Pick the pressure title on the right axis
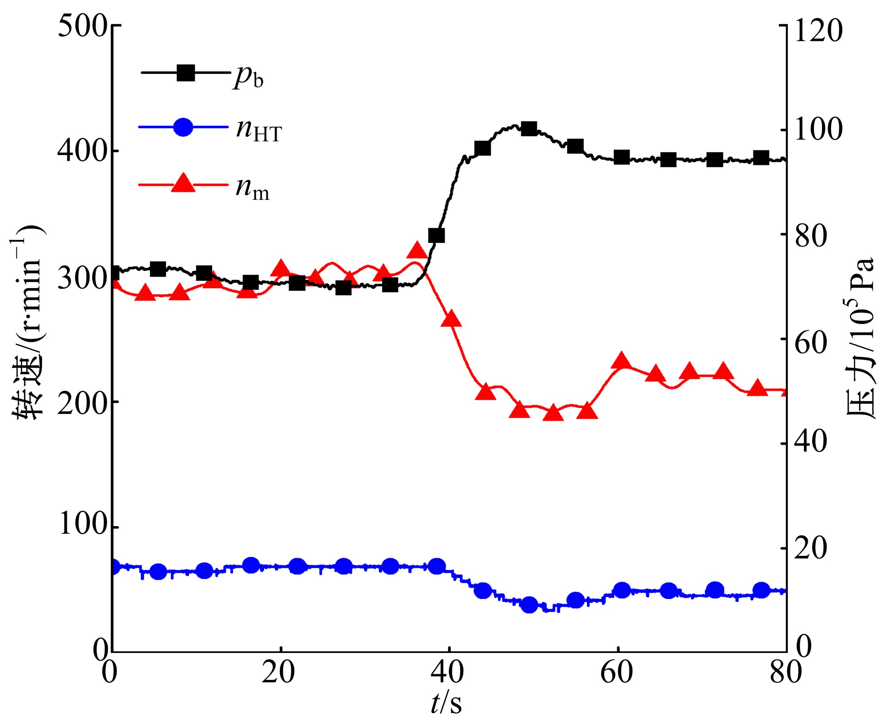point(860,337)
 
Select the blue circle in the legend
point(183,127)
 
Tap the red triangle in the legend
point(183,183)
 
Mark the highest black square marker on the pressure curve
point(529,129)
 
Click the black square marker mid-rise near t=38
point(437,235)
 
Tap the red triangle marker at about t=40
point(451,319)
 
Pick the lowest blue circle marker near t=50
point(529,605)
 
